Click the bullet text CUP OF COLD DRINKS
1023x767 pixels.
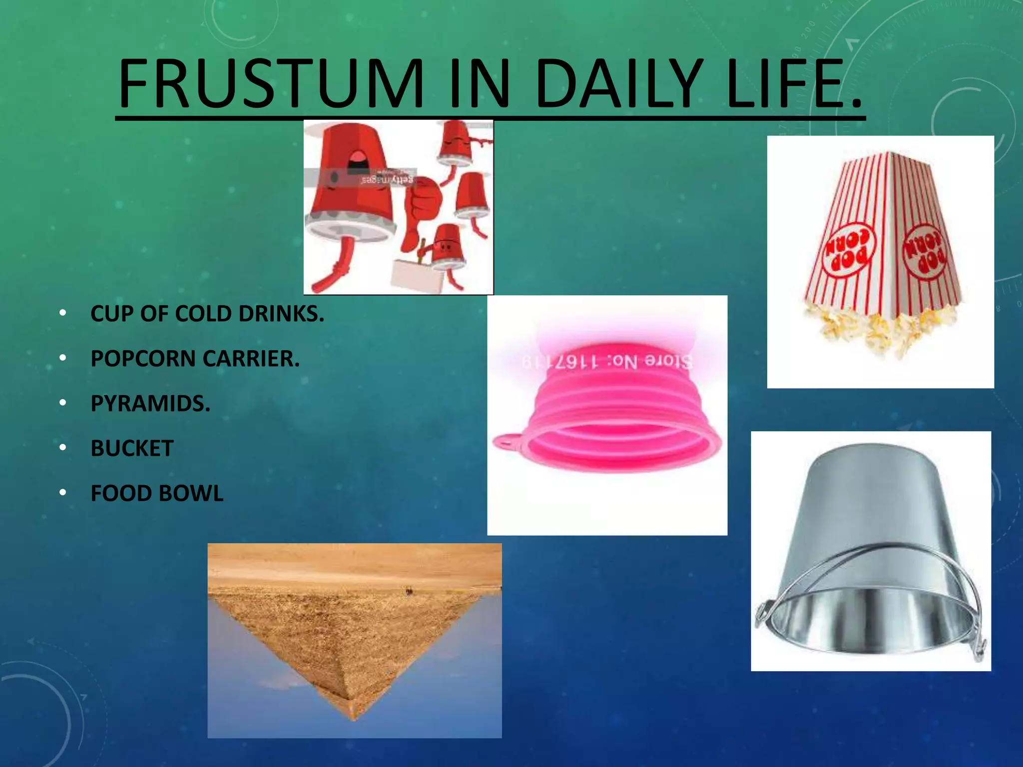(x=207, y=314)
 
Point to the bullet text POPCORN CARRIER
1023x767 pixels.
(x=195, y=359)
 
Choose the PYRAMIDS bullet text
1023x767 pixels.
(x=150, y=403)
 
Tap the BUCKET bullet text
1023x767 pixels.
(x=132, y=448)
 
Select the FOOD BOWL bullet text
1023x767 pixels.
(x=157, y=493)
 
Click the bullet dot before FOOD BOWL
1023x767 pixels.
(x=62, y=493)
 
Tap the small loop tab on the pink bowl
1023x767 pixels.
(x=506, y=441)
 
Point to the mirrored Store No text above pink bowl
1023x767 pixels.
(x=606, y=361)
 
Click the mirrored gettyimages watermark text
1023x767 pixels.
(x=388, y=179)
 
